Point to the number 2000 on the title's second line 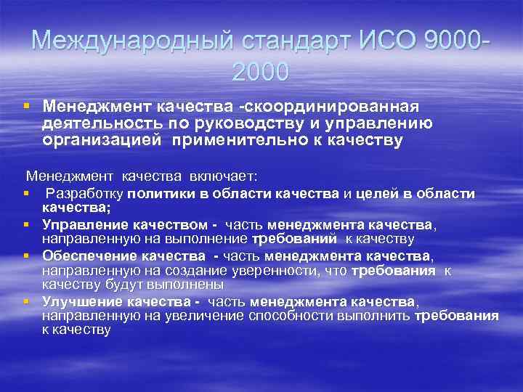tap(261, 71)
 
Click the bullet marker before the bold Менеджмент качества tap(26, 106)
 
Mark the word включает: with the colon tap(218, 176)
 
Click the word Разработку tap(85, 194)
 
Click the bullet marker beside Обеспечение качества tap(26, 256)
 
